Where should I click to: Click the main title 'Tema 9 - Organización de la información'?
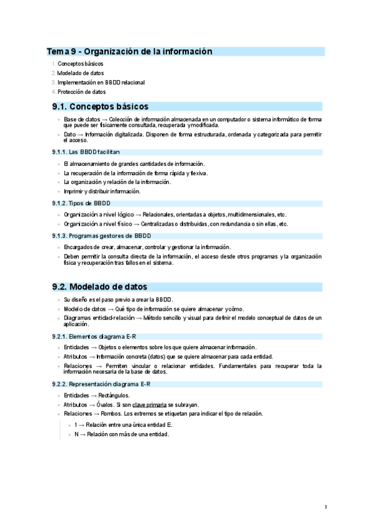(130, 52)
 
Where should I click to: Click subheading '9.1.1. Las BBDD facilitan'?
(86, 152)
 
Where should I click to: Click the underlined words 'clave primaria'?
(149, 404)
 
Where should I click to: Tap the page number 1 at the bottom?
(325, 508)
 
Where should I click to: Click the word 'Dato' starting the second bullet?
(70, 134)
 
